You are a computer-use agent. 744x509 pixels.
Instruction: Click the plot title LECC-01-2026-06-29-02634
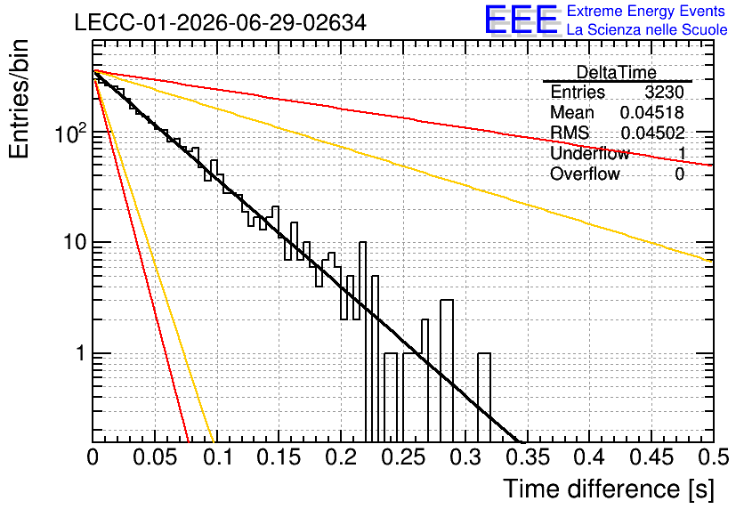(220, 22)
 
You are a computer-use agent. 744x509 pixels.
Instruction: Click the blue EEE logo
(521, 20)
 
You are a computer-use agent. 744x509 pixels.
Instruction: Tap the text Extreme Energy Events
(646, 11)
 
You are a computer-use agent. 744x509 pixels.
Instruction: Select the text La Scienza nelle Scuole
(647, 29)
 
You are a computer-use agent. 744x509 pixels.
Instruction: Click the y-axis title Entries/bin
(19, 99)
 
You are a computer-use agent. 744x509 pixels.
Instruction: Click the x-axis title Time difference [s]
(609, 489)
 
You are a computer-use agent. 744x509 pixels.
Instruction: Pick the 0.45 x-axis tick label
(651, 457)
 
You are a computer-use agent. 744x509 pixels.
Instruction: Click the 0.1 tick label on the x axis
(218, 457)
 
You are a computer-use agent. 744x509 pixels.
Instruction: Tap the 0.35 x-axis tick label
(528, 457)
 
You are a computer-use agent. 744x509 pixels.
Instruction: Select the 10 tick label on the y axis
(74, 242)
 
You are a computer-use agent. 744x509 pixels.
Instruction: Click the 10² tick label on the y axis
(71, 133)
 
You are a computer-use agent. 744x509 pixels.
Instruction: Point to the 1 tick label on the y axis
(80, 353)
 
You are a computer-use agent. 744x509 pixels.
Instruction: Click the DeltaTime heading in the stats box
(617, 73)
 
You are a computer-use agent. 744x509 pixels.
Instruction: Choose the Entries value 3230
(664, 92)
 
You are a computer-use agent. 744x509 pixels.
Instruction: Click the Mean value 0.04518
(652, 112)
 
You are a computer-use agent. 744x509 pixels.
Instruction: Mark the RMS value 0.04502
(652, 133)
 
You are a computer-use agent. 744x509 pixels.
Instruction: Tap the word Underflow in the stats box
(590, 153)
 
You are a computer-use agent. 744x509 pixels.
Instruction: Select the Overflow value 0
(679, 174)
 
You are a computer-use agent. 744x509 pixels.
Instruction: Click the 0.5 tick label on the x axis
(714, 457)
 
